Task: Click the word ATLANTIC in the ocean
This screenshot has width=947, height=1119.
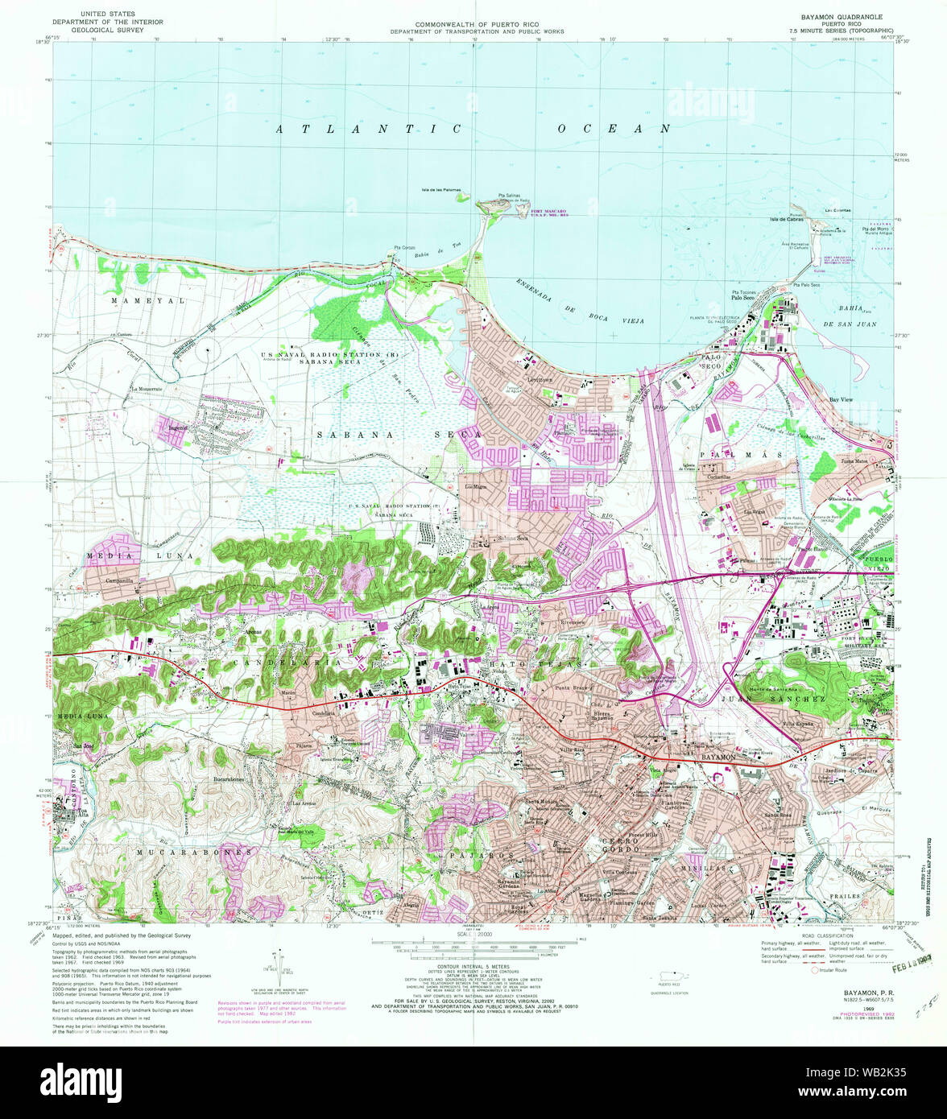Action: point(369,129)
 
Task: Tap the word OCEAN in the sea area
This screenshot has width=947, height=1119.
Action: point(614,129)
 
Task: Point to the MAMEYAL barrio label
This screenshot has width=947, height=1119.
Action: point(148,300)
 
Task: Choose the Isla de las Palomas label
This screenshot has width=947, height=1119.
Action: point(440,191)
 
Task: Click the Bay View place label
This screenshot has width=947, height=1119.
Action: point(841,399)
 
